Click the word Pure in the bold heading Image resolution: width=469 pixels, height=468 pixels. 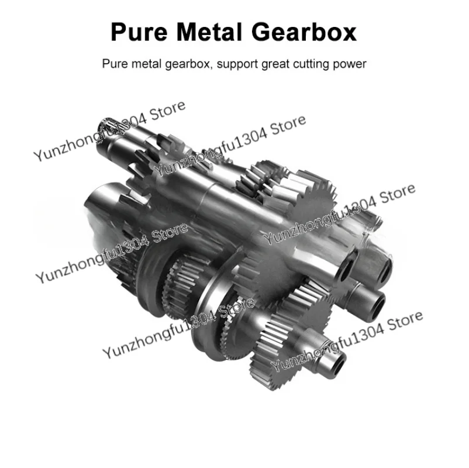click(x=139, y=32)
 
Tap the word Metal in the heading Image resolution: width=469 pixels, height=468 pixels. click(x=209, y=32)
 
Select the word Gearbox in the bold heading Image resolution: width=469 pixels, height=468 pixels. click(x=304, y=32)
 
